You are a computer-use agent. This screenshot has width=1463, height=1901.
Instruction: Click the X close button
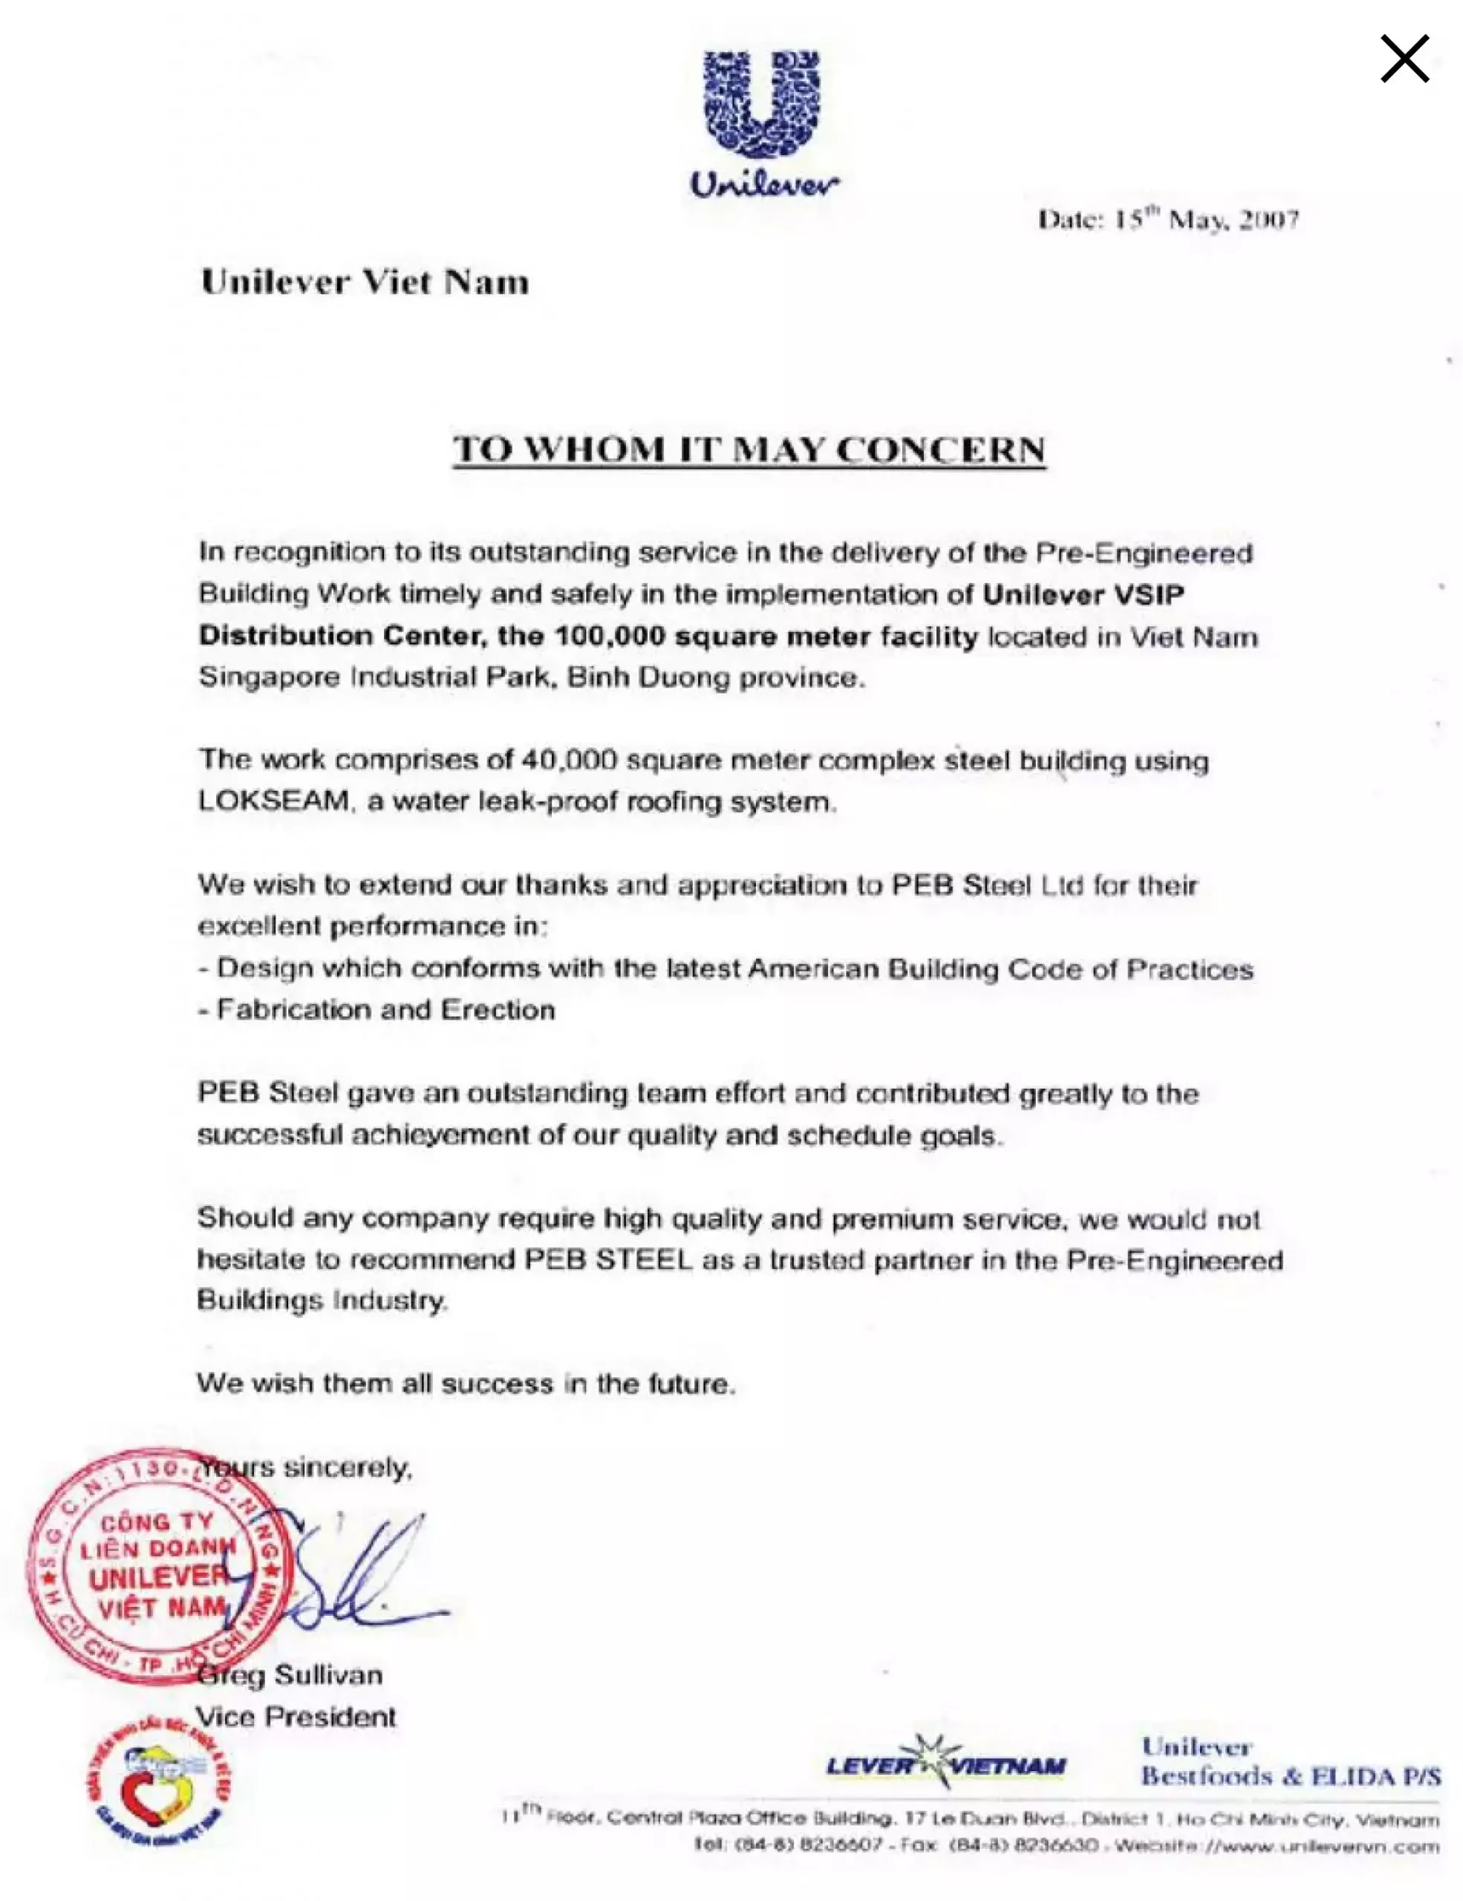[1404, 59]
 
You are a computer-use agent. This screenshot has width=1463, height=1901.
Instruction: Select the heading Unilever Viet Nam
[365, 282]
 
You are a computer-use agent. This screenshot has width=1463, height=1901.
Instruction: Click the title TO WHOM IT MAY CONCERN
[749, 449]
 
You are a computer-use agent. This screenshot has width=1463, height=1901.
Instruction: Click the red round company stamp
[157, 1568]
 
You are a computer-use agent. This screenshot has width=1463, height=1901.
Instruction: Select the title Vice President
[296, 1717]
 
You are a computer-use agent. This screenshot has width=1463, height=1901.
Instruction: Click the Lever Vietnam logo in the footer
[945, 1766]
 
